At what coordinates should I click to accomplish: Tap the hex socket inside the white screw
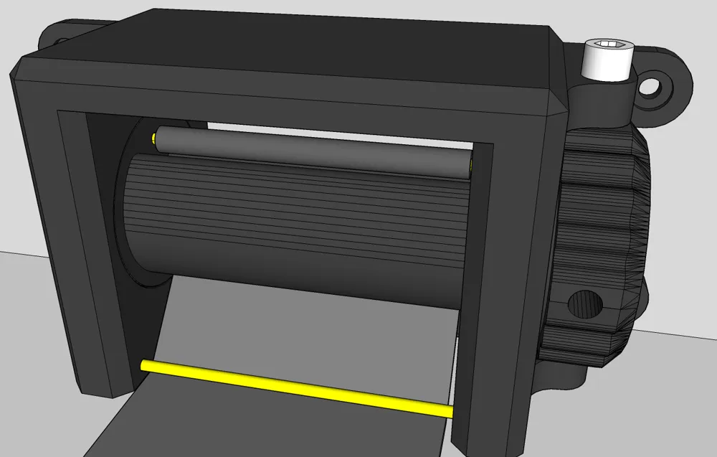click(x=607, y=45)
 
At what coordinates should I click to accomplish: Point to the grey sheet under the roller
click(x=287, y=330)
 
